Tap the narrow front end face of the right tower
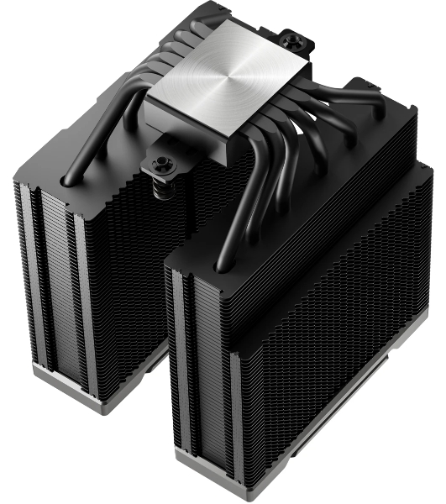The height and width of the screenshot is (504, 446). tap(202, 370)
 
